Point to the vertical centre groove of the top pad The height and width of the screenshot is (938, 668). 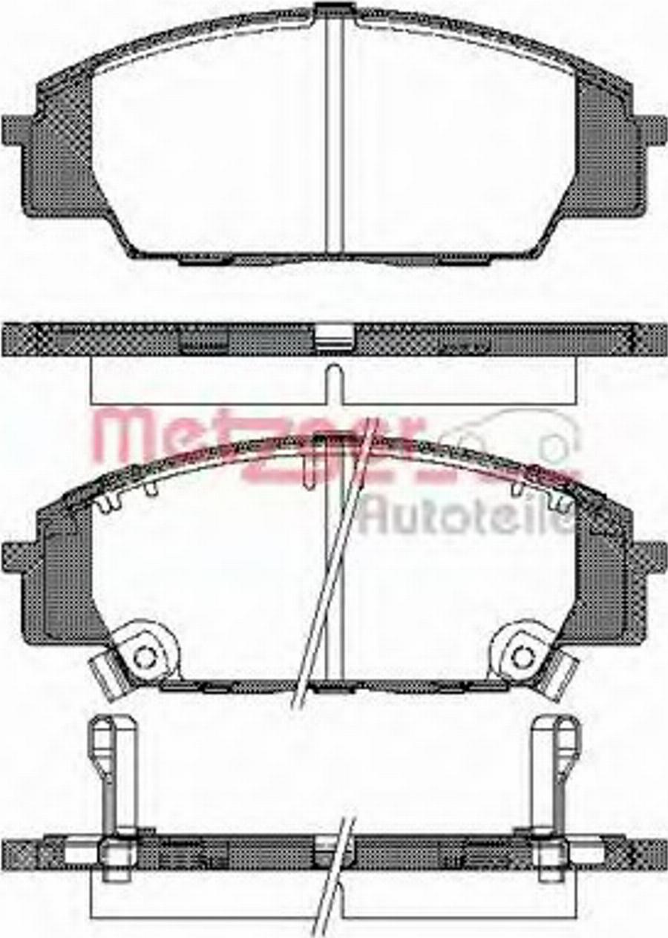[334, 134]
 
